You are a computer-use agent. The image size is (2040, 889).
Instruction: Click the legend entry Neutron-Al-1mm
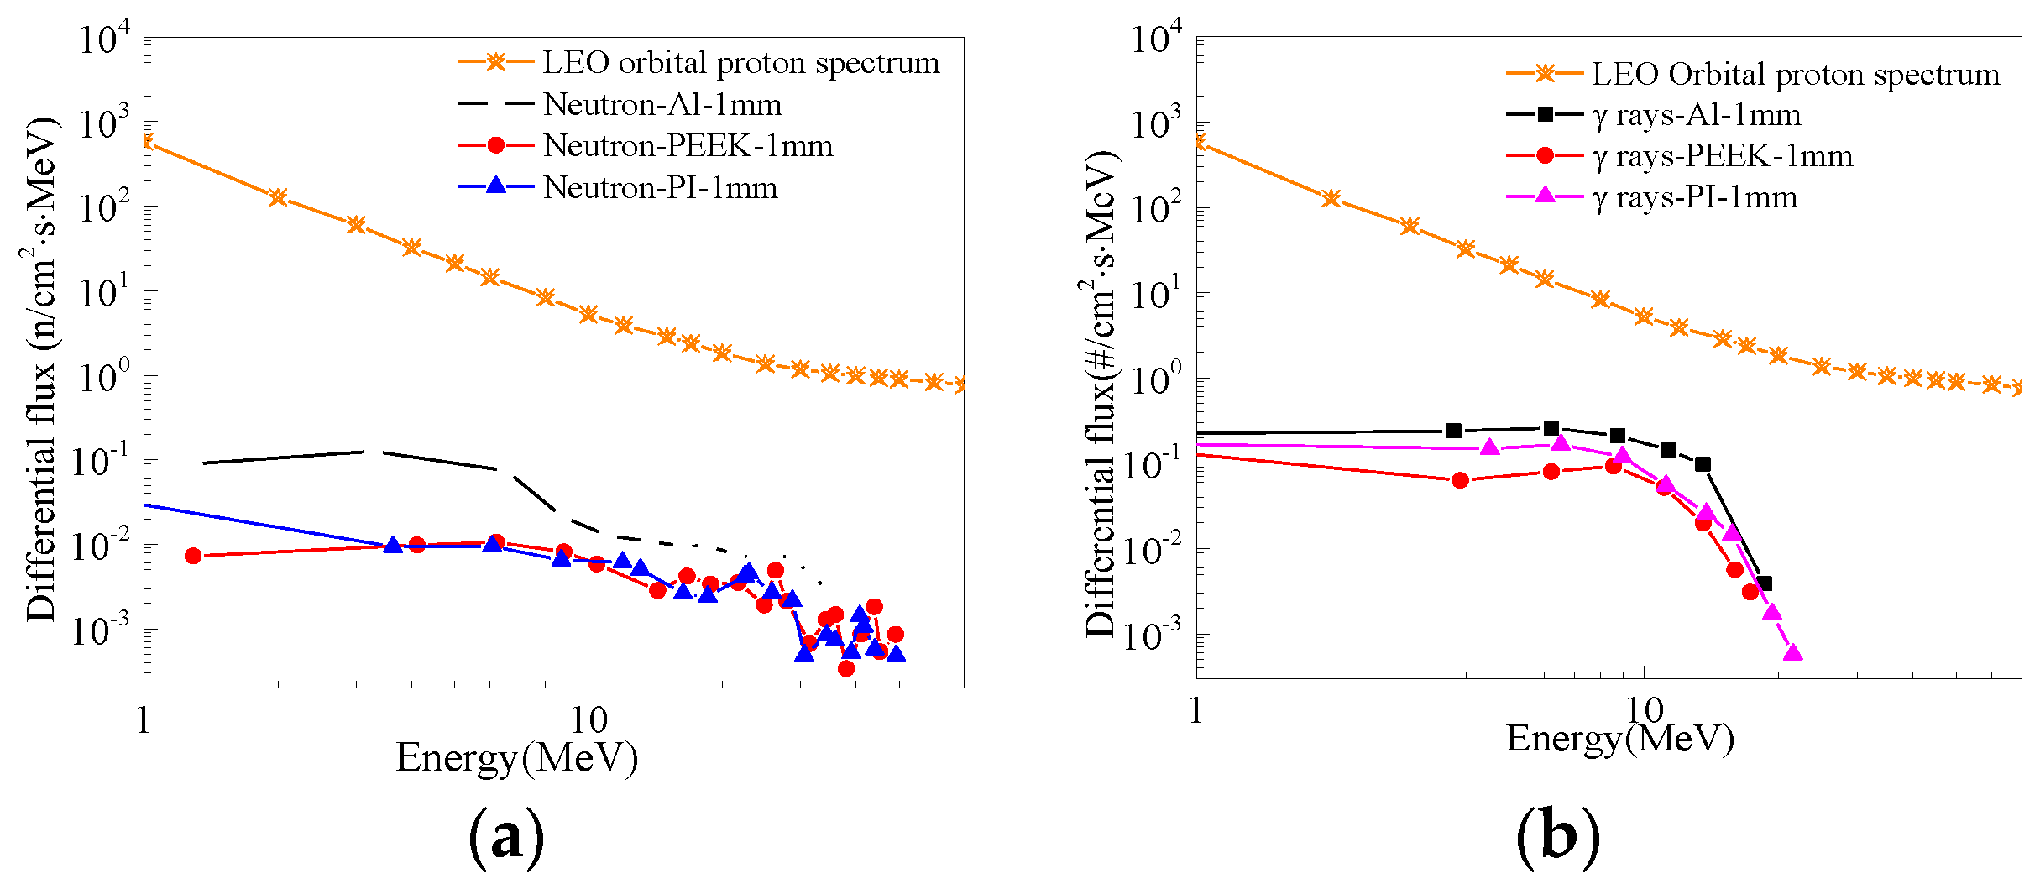click(662, 105)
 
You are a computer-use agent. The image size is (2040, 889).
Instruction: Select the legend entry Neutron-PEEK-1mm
click(688, 146)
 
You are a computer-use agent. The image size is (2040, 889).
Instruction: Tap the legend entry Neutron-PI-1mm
click(660, 187)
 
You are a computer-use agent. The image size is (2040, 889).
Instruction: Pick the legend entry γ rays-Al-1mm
click(1696, 115)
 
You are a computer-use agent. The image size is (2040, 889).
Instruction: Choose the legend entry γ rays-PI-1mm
click(1694, 197)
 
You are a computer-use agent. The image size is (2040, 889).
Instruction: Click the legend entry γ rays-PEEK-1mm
click(1721, 156)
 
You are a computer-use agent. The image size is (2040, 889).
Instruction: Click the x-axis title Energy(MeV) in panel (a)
click(516, 758)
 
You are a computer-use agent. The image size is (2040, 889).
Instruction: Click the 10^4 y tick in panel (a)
click(104, 39)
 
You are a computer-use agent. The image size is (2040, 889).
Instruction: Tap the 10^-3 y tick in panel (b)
click(1154, 635)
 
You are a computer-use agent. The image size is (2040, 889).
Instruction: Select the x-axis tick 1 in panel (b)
click(1195, 710)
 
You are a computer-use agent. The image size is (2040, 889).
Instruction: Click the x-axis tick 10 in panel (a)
click(588, 719)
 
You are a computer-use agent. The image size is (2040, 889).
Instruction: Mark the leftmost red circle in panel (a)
click(193, 556)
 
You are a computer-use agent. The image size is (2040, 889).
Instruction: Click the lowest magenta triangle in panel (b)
click(1792, 653)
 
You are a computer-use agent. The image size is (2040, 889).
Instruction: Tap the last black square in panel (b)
click(1765, 583)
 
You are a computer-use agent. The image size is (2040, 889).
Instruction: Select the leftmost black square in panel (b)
click(1454, 431)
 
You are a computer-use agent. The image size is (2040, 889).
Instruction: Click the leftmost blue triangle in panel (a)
click(392, 546)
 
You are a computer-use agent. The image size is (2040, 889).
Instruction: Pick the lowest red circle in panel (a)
click(846, 668)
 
